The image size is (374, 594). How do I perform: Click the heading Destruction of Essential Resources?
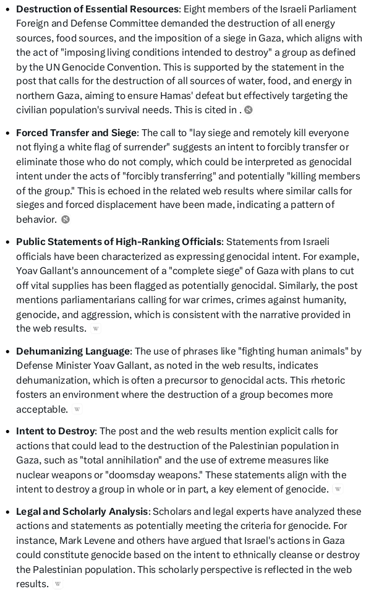[97, 9]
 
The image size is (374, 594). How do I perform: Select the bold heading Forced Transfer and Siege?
[77, 133]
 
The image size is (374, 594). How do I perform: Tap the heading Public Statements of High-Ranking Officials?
[118, 242]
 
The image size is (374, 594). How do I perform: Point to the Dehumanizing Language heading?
[73, 351]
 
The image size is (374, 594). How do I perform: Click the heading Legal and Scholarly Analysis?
[82, 512]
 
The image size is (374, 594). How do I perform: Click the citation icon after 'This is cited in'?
[249, 110]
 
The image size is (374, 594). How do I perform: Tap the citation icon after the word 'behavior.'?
[66, 220]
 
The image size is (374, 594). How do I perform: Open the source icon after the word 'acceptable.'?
[77, 409]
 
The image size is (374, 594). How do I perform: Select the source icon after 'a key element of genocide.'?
[338, 489]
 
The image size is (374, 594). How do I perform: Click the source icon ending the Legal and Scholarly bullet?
[57, 584]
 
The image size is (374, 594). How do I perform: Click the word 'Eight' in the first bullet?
[196, 9]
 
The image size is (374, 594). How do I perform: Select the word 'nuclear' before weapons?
[35, 475]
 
